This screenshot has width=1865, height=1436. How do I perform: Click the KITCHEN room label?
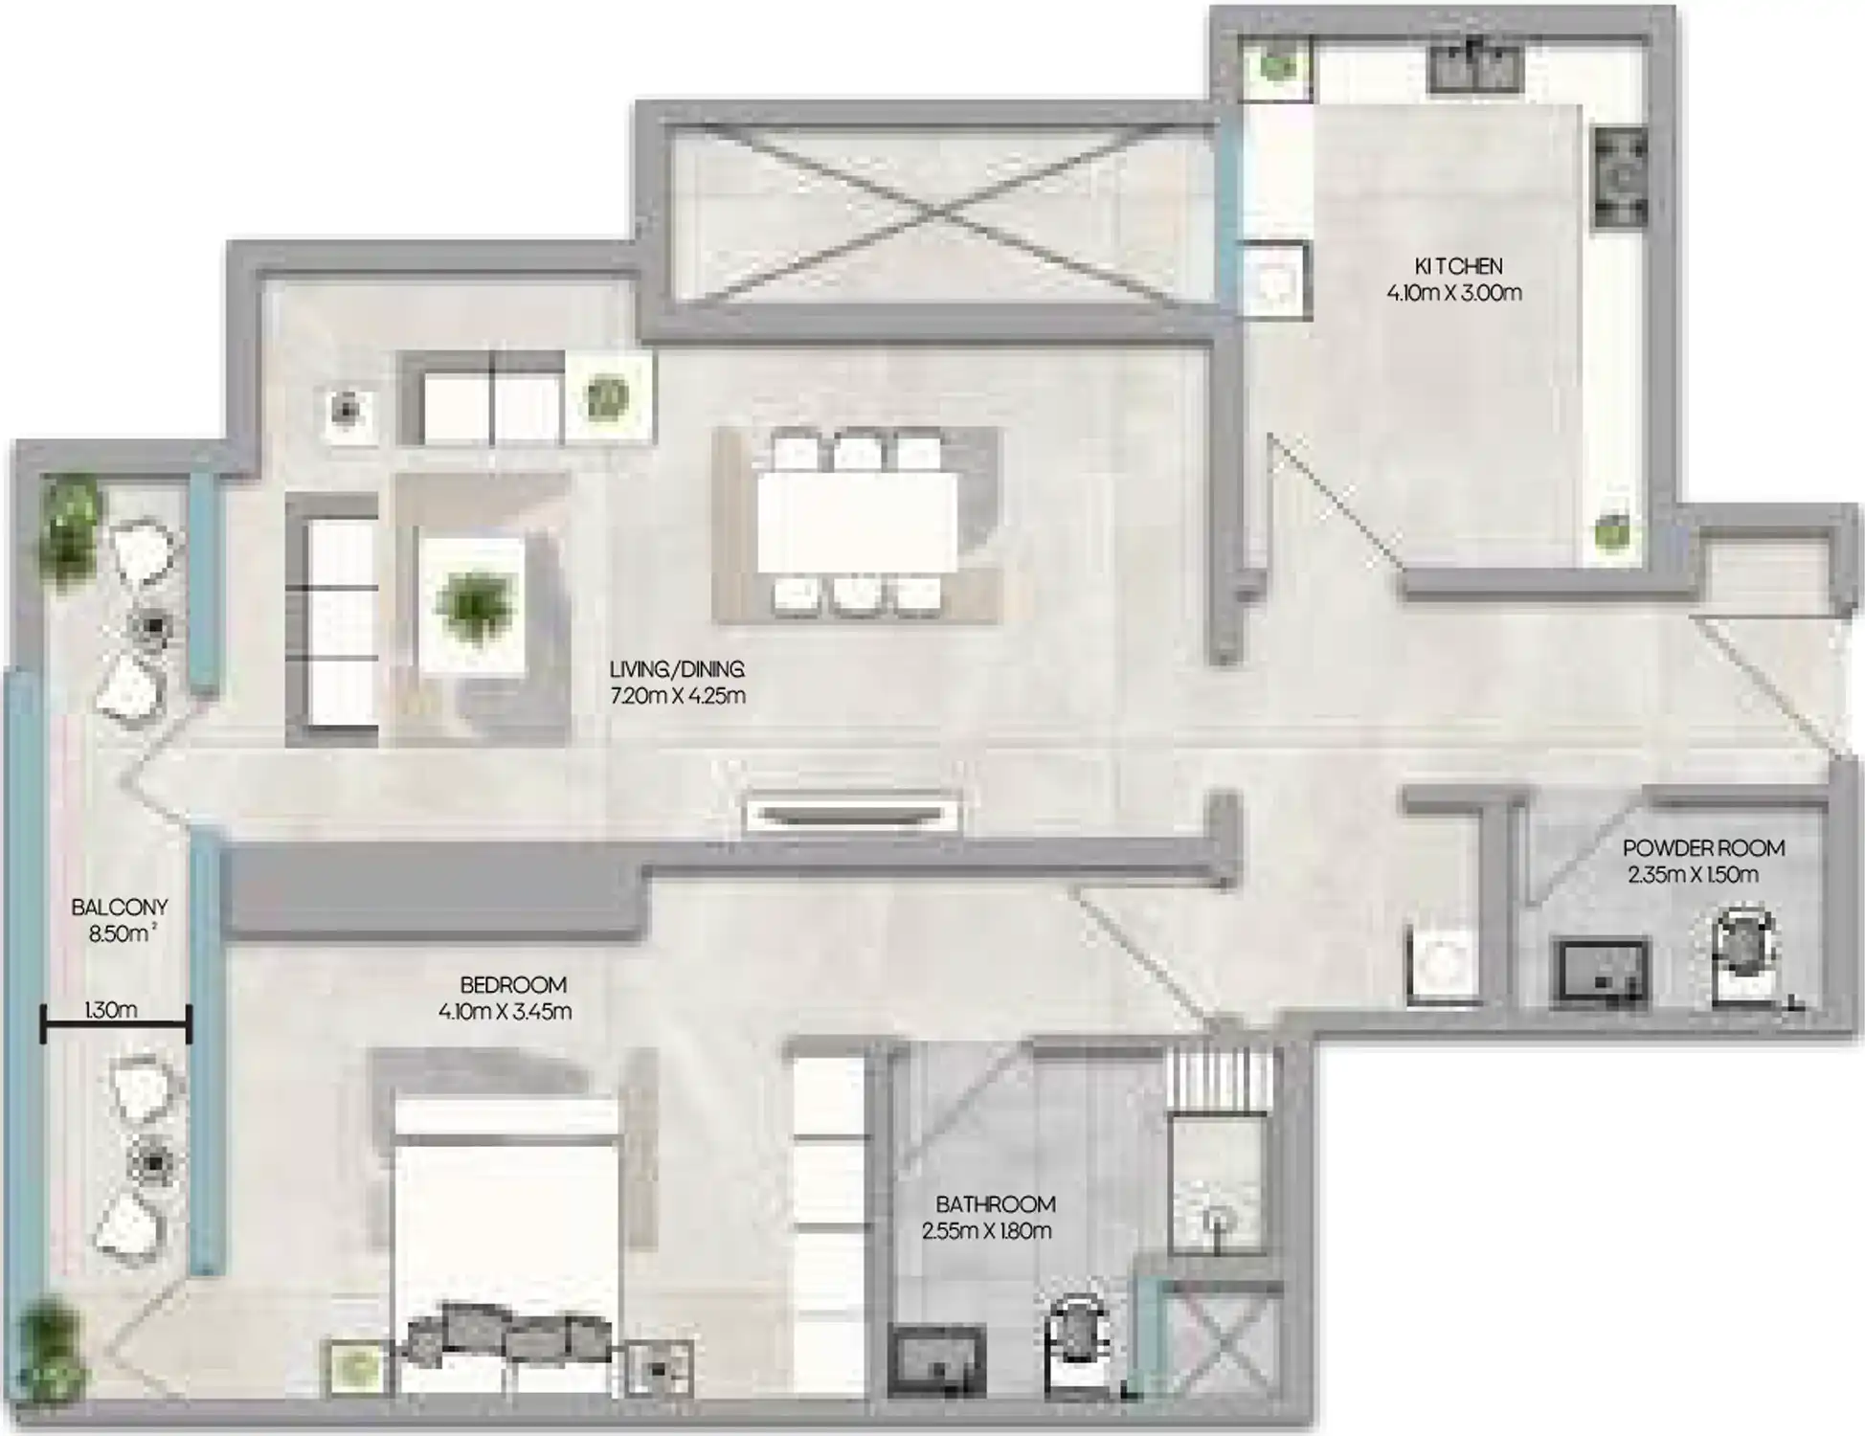point(1457,266)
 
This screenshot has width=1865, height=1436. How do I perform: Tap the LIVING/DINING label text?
point(676,669)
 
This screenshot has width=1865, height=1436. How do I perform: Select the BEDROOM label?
point(512,984)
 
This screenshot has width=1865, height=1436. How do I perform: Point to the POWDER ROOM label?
point(1703,848)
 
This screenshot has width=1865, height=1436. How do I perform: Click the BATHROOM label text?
point(995,1203)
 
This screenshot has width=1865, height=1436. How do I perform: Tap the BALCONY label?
point(120,907)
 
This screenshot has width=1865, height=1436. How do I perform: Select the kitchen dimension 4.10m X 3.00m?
point(1453,293)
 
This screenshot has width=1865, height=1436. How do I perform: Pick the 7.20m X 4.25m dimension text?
point(677,696)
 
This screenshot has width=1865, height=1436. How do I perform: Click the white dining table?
point(857,522)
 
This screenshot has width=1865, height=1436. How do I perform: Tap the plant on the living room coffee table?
point(473,604)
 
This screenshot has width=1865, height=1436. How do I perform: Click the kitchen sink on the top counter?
point(1474,65)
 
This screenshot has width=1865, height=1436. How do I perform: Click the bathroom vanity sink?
point(936,1359)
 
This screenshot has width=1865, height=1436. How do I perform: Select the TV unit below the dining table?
point(853,815)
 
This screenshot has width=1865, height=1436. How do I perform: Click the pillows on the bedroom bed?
point(508,1332)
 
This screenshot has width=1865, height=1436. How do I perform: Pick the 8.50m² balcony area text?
point(122,933)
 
